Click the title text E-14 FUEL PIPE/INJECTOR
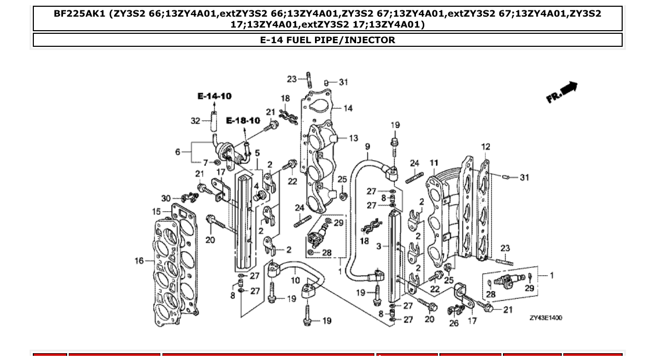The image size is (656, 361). [327, 40]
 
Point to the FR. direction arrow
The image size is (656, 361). [562, 92]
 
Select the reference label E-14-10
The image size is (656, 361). [215, 96]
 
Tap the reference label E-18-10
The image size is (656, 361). [243, 121]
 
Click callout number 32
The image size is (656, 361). [195, 121]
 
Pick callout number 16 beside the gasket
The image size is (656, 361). [139, 260]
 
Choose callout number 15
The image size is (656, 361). [156, 212]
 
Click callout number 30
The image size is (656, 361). [166, 198]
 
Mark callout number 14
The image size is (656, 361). [347, 108]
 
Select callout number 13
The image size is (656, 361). [354, 138]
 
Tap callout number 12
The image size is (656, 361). [485, 147]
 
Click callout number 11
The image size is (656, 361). [434, 163]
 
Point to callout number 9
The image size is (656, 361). [367, 147]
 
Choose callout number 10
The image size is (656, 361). [295, 280]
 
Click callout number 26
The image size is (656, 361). [453, 323]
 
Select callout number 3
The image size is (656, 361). [379, 246]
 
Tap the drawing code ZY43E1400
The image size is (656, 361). [546, 318]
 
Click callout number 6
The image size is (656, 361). [178, 152]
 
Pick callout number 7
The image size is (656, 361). [206, 163]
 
